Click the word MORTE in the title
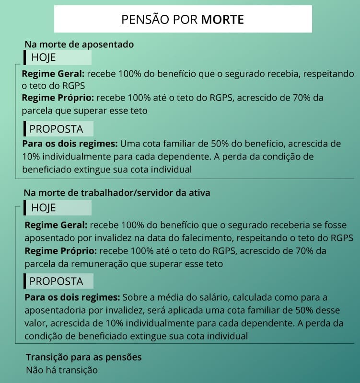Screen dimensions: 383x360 coord(222,19)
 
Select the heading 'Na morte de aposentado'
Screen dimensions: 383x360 coord(79,45)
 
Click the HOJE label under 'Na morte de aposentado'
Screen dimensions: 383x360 coord(43,58)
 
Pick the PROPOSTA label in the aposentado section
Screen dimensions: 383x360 coord(56,129)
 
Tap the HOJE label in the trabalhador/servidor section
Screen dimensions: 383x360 coord(43,208)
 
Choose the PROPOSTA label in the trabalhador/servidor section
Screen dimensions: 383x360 coord(56,281)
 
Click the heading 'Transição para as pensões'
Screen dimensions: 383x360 coord(84,358)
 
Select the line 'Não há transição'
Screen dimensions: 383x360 coord(62,370)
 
